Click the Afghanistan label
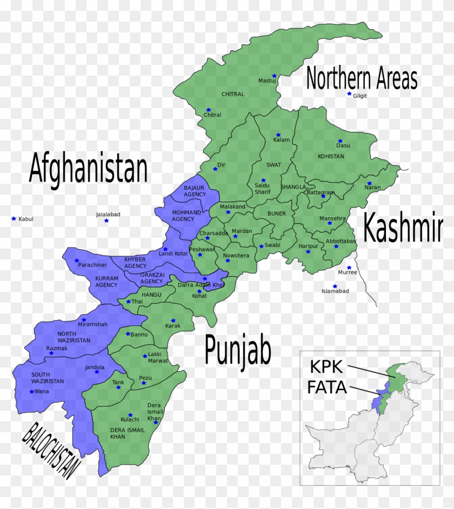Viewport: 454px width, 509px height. pyautogui.click(x=88, y=168)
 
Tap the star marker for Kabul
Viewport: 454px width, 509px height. pyautogui.click(x=14, y=218)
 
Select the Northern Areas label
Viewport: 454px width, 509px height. pyautogui.click(x=362, y=79)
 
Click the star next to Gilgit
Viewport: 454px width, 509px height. pyautogui.click(x=349, y=94)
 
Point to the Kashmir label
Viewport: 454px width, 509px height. pyautogui.click(x=402, y=227)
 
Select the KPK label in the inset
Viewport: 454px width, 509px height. pyautogui.click(x=326, y=367)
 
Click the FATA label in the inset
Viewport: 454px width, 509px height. pyautogui.click(x=326, y=387)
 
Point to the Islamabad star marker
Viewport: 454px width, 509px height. pyautogui.click(x=335, y=286)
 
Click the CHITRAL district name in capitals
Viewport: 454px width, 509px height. pyautogui.click(x=233, y=94)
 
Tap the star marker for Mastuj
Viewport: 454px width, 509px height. pyautogui.click(x=274, y=76)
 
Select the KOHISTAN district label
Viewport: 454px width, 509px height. pyautogui.click(x=331, y=156)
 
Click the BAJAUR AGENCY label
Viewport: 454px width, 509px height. pyautogui.click(x=195, y=191)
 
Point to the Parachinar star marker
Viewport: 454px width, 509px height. pyautogui.click(x=77, y=260)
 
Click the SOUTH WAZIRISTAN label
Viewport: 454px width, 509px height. pyautogui.click(x=48, y=378)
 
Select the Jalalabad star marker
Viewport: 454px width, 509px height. pyautogui.click(x=106, y=220)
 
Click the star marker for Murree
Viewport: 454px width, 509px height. pyautogui.click(x=349, y=267)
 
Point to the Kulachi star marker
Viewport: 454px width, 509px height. pyautogui.click(x=129, y=415)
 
